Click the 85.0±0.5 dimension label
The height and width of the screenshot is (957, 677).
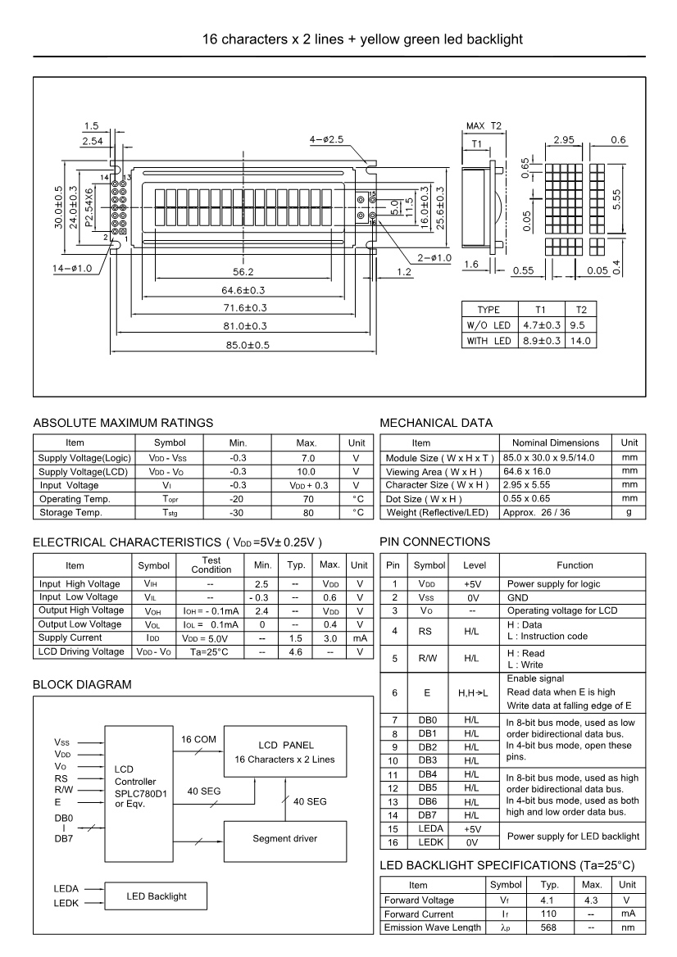pyautogui.click(x=243, y=344)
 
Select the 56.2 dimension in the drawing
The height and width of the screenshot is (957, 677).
pyautogui.click(x=244, y=271)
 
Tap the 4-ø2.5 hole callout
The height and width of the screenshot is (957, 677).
pyautogui.click(x=326, y=140)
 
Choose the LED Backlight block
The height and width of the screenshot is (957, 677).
pyautogui.click(x=156, y=896)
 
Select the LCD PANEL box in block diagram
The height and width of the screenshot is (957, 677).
pyautogui.click(x=280, y=751)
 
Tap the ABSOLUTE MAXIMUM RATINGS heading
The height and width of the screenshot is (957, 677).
pyautogui.click(x=123, y=423)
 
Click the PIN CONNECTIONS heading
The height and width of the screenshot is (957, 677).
pyautogui.click(x=435, y=542)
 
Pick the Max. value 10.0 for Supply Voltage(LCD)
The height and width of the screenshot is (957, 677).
pyautogui.click(x=306, y=472)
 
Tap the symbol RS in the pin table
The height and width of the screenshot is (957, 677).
pyautogui.click(x=426, y=632)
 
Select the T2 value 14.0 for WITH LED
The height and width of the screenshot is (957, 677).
pyautogui.click(x=579, y=341)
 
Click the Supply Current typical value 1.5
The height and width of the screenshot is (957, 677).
pyautogui.click(x=295, y=637)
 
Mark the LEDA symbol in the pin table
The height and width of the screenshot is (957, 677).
pyautogui.click(x=426, y=829)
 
